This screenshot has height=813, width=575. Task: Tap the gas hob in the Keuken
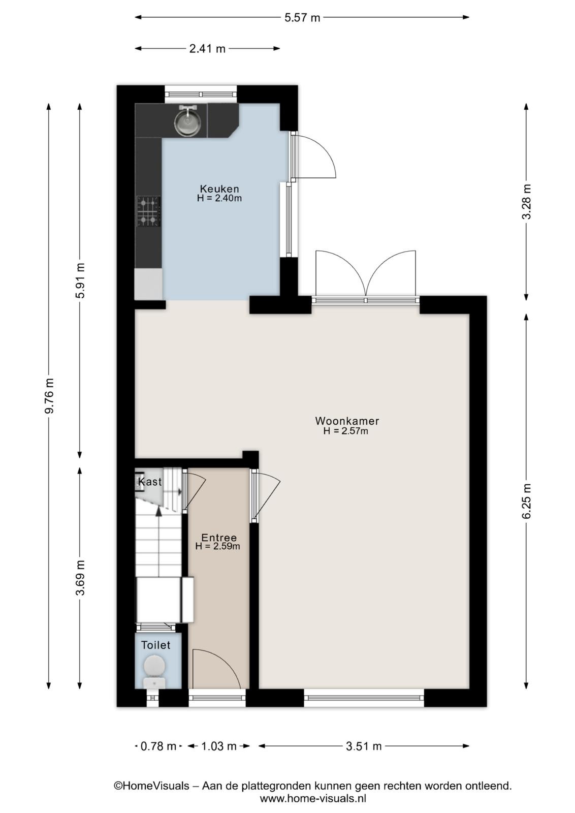click(148, 211)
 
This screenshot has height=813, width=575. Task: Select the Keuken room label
click(219, 189)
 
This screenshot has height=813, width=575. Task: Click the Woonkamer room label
click(347, 421)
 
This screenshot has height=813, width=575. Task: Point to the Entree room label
click(219, 538)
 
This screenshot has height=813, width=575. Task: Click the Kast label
click(149, 482)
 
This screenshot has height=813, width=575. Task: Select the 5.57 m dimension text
click(302, 17)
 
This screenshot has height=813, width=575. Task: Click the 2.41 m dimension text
click(207, 49)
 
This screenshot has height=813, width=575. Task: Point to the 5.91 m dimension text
click(80, 280)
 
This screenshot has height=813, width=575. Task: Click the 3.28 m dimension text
click(526, 202)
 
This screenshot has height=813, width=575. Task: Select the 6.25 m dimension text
click(526, 501)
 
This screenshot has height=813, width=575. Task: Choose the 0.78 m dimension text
click(158, 746)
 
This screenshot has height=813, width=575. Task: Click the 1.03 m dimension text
click(218, 746)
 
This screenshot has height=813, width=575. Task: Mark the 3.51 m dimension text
click(364, 746)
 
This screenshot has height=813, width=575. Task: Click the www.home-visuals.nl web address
click(313, 798)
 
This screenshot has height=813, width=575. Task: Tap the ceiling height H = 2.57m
click(346, 431)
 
